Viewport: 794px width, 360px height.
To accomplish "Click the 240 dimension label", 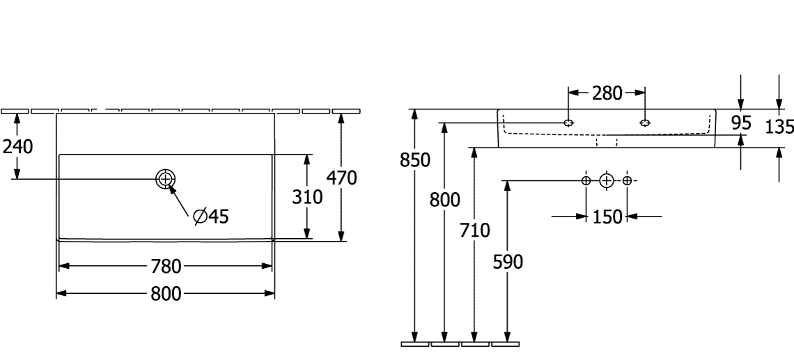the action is [x=18, y=146].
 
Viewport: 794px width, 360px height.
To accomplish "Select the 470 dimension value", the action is [x=342, y=178].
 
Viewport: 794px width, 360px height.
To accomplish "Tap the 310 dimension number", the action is [x=307, y=198].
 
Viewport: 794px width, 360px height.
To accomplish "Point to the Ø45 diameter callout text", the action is [x=210, y=217].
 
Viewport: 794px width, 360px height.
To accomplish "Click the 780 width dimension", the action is [x=165, y=266].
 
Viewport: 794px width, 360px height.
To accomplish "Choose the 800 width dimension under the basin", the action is [x=165, y=294].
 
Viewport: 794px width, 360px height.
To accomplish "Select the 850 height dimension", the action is [x=415, y=160].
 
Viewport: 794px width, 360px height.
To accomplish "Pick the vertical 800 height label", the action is [x=444, y=201].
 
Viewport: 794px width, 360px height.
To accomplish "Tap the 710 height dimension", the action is [x=475, y=230].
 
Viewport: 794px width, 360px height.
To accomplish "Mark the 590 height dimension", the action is [x=508, y=262].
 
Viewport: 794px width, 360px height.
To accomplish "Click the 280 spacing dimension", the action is [x=607, y=93].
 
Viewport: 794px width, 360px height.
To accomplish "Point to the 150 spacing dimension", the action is [x=607, y=217].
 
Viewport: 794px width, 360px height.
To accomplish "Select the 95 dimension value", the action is [x=741, y=124].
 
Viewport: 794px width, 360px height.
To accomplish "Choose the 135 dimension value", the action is [x=779, y=127].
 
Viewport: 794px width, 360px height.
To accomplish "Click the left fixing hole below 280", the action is [x=570, y=123].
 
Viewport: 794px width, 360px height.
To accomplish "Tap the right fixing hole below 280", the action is [x=645, y=123].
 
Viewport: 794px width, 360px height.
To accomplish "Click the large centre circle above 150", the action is [x=607, y=181].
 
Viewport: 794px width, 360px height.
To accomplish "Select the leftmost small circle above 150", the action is [x=586, y=181].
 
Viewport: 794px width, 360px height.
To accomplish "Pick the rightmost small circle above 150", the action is [x=628, y=181].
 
